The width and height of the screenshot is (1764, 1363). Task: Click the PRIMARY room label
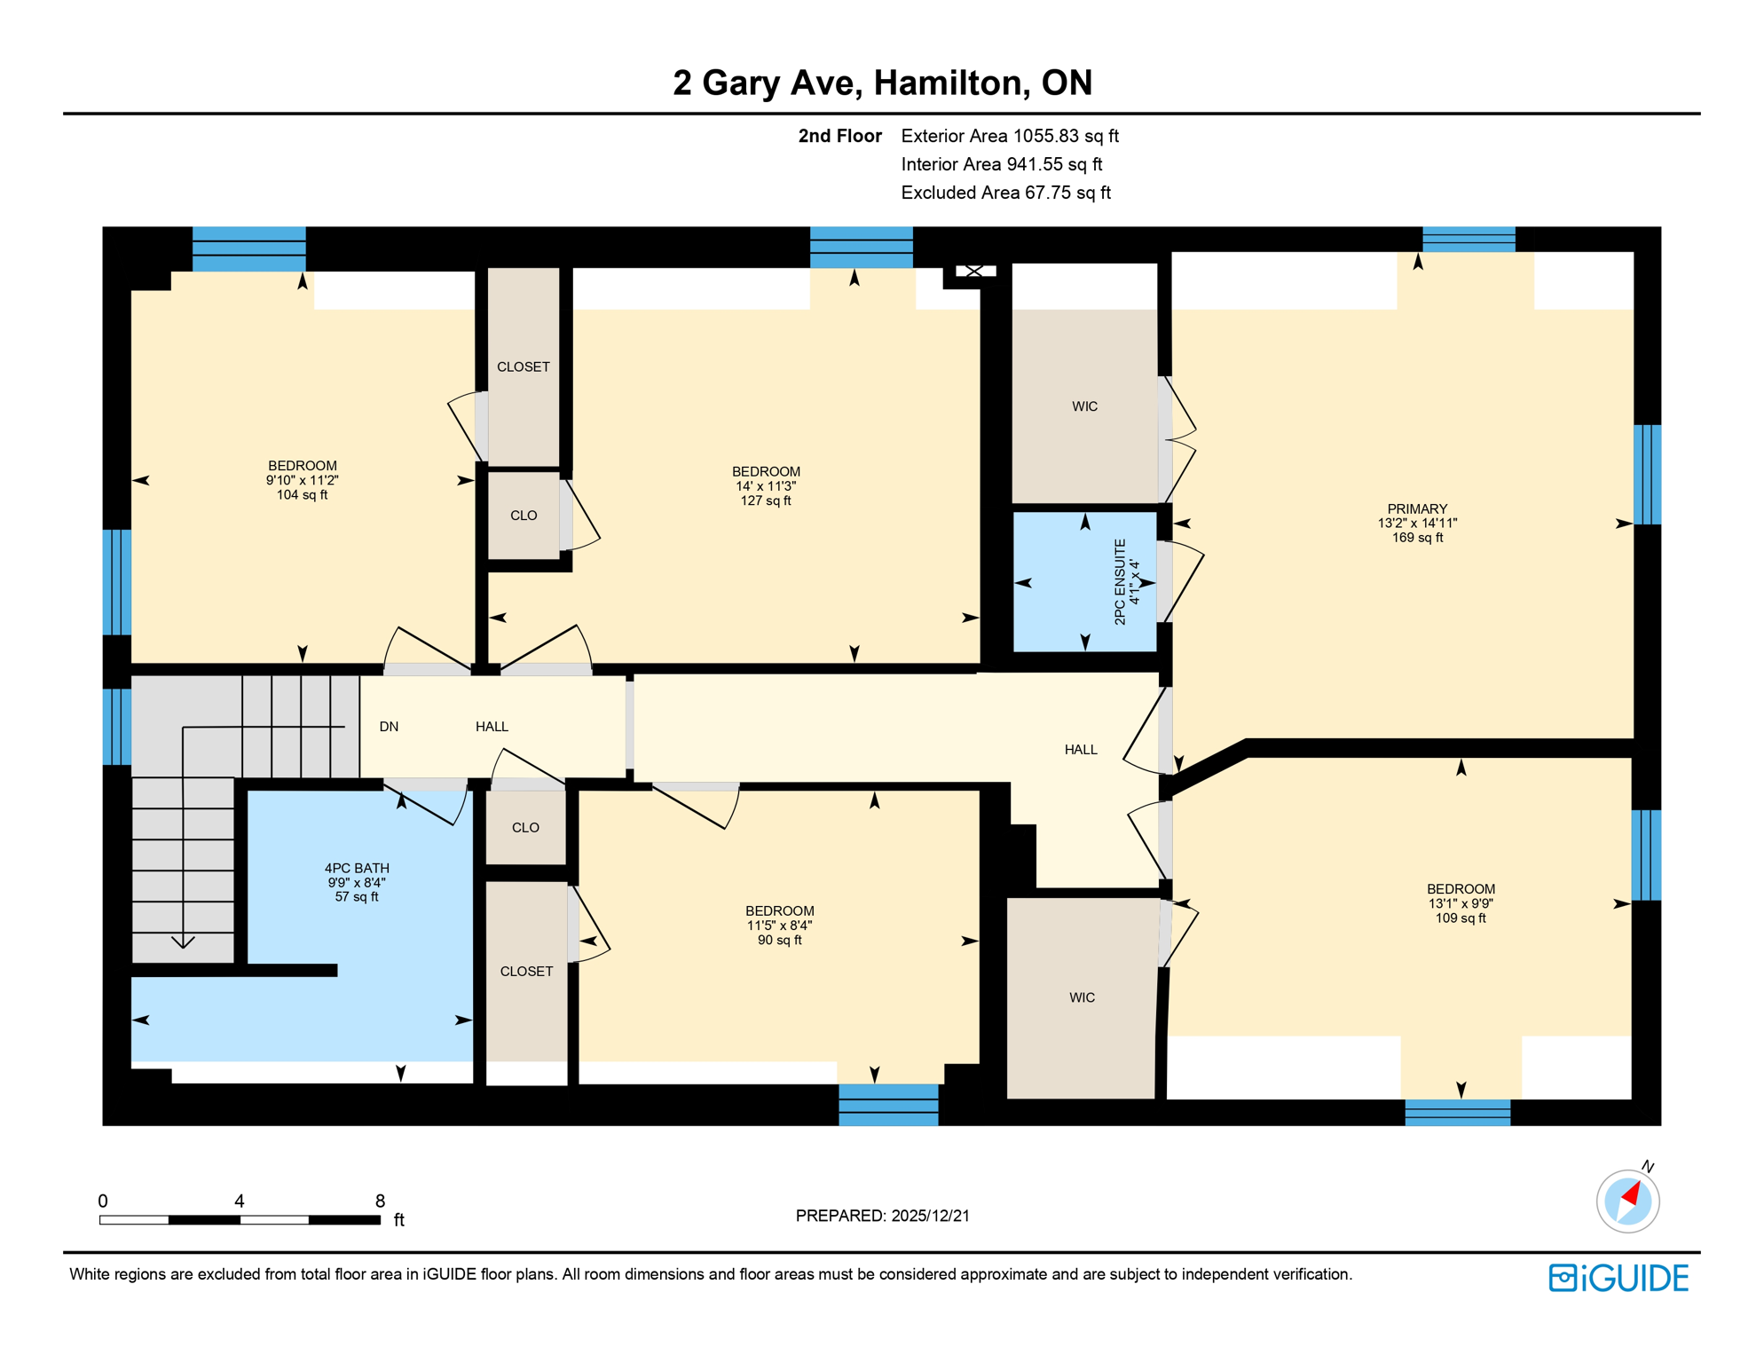tap(1416, 509)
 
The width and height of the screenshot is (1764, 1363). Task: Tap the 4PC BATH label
tap(357, 869)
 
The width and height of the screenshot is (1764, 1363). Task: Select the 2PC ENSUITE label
tap(1120, 582)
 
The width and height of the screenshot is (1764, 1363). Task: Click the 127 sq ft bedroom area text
tap(765, 501)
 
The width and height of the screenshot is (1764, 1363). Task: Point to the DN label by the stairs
tap(389, 727)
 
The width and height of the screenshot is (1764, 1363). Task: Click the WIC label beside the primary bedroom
tap(1084, 406)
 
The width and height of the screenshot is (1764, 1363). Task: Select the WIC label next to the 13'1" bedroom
tap(1082, 998)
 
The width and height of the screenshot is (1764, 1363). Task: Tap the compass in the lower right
tap(1627, 1201)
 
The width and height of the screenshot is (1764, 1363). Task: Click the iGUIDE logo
tap(1618, 1278)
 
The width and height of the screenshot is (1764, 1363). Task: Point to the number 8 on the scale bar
tap(380, 1201)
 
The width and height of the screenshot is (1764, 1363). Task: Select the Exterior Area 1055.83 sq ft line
tap(1009, 136)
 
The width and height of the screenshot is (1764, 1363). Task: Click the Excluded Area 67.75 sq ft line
tap(1005, 193)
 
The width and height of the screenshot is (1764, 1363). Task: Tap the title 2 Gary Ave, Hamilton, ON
tap(882, 83)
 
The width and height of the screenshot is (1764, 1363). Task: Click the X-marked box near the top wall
tap(974, 272)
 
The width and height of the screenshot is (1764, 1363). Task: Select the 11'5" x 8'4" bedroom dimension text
tap(779, 926)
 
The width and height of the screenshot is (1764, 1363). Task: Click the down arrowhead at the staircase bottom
tap(183, 941)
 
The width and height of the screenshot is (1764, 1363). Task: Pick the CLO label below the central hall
tap(525, 828)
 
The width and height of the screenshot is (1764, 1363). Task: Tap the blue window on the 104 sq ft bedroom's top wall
tap(248, 248)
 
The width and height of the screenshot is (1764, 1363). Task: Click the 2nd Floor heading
tap(839, 136)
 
